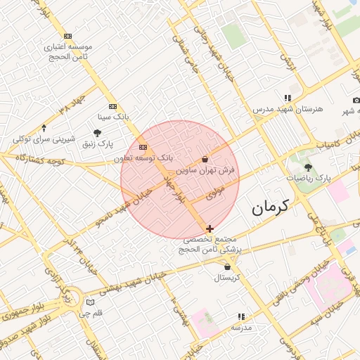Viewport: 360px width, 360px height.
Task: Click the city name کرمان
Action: [x=271, y=207]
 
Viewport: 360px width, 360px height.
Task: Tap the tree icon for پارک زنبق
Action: [x=97, y=133]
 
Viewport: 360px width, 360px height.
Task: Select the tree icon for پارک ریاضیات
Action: [x=308, y=167]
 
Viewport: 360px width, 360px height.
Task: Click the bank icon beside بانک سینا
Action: [x=113, y=106]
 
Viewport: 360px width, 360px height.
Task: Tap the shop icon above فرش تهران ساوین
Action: [x=205, y=160]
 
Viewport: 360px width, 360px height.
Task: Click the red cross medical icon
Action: [x=210, y=229]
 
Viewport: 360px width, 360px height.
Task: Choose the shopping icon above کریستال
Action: [x=227, y=266]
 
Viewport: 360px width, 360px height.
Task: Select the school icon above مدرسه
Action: [x=242, y=317]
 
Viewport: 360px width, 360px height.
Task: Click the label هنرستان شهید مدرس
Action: [x=288, y=110]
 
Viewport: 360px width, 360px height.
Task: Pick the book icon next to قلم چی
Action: [x=89, y=302]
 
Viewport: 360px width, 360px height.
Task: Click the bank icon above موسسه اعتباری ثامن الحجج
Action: [x=67, y=36]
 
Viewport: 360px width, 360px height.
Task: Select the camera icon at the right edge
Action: [x=356, y=101]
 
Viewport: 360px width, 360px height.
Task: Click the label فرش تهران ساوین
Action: [x=205, y=170]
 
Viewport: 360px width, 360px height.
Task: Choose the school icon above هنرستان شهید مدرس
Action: [x=287, y=98]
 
